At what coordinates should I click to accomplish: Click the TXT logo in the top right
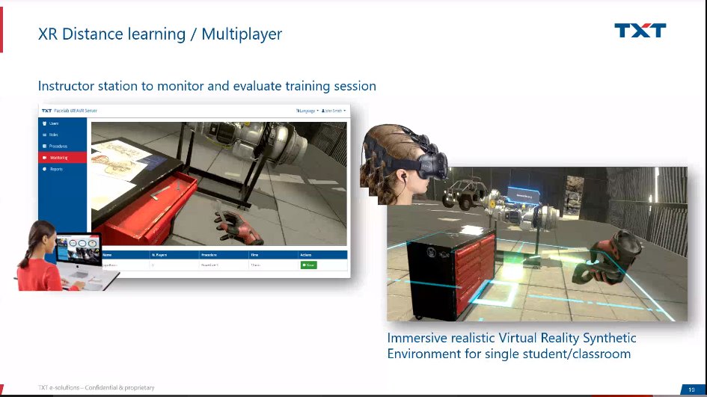point(640,31)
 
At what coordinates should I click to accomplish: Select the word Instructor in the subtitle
point(70,86)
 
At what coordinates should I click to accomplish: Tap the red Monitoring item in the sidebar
point(59,158)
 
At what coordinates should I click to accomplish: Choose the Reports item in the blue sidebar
point(56,169)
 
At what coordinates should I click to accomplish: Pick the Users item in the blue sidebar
point(53,123)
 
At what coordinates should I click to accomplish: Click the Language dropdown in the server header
point(307,111)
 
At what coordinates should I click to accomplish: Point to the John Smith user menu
point(334,111)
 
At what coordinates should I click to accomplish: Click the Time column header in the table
point(254,255)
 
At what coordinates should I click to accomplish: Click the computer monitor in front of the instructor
point(79,250)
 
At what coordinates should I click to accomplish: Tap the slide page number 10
point(691,389)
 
